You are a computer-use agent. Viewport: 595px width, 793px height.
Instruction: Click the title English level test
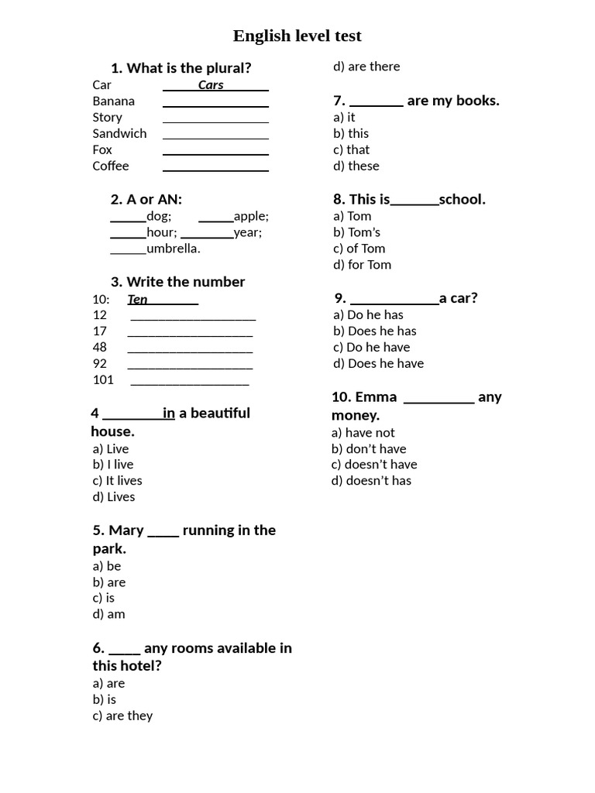(x=297, y=36)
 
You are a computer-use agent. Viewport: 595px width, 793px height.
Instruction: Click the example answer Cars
(x=211, y=85)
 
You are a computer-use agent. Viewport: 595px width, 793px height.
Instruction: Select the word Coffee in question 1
(x=111, y=166)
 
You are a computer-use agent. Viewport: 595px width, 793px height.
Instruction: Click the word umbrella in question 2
(x=173, y=249)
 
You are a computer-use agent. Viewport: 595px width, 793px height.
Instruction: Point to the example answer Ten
(x=138, y=300)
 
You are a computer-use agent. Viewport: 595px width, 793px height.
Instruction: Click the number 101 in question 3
(x=103, y=379)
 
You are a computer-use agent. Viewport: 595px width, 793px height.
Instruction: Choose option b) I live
(x=113, y=465)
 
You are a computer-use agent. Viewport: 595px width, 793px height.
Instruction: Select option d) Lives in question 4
(x=114, y=497)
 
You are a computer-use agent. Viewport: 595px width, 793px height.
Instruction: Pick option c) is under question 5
(x=104, y=598)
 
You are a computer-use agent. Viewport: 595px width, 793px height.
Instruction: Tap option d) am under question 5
(x=108, y=614)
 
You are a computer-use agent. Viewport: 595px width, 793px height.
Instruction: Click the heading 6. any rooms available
(x=192, y=648)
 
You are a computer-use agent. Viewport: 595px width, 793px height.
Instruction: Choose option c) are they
(x=122, y=716)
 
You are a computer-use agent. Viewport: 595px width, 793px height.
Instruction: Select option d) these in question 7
(x=356, y=166)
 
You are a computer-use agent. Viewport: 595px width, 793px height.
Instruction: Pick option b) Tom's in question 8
(x=357, y=232)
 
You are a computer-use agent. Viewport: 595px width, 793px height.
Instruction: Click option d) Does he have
(x=379, y=363)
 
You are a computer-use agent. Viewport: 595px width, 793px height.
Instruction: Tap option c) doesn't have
(x=374, y=465)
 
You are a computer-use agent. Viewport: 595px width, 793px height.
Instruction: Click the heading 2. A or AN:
(x=146, y=200)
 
